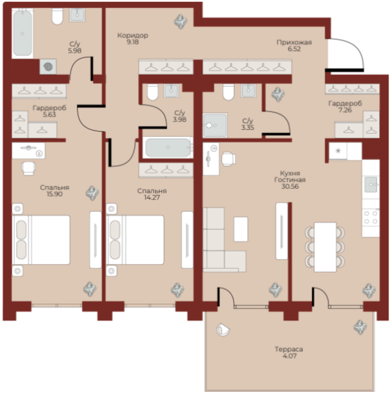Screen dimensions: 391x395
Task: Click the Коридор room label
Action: [x=132, y=36]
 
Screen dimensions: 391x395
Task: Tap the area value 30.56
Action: [x=290, y=186]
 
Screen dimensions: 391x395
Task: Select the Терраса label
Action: [x=289, y=349]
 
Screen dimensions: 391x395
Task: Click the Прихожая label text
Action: [x=294, y=42]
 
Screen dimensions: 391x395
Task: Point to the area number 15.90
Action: [x=54, y=194]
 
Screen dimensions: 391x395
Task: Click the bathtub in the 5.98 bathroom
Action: [x=22, y=33]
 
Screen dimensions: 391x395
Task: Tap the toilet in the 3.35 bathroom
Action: [x=229, y=92]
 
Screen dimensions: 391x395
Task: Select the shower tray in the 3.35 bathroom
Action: [x=215, y=126]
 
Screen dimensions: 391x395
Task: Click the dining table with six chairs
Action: [x=325, y=247]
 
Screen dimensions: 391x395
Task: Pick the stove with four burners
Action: [x=371, y=217]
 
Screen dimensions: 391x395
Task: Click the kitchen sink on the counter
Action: [x=371, y=184]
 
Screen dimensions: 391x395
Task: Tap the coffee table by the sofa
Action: [x=240, y=229]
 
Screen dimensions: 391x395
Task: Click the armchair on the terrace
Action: [x=222, y=329]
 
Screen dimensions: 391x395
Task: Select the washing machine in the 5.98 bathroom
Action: [x=48, y=67]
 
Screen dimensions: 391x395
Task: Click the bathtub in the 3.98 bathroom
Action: [x=168, y=147]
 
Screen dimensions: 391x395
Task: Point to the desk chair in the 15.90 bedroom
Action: [x=28, y=168]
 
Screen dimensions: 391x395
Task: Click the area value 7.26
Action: [x=345, y=110]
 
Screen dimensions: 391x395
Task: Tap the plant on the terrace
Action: [x=360, y=327]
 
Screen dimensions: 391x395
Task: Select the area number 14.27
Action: [x=152, y=197]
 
